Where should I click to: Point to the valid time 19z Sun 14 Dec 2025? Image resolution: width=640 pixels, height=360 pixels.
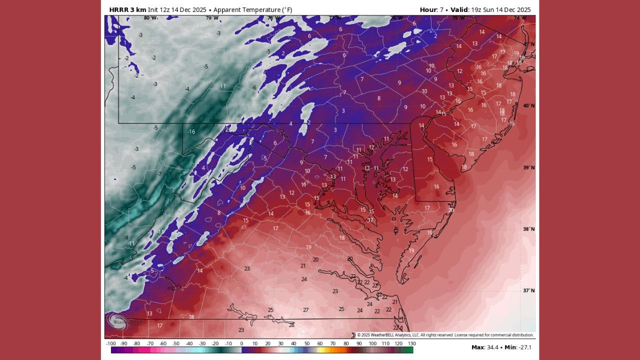(501, 9)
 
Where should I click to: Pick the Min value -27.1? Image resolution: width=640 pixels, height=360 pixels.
(523, 347)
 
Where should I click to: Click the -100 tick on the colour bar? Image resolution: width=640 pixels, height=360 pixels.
(111, 343)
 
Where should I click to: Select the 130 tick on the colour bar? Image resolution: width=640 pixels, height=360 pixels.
(412, 343)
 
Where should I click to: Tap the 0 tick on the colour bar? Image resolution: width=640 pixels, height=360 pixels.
(241, 343)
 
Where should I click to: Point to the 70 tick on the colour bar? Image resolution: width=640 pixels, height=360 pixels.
(332, 343)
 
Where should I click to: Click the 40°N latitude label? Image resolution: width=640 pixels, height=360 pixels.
(528, 106)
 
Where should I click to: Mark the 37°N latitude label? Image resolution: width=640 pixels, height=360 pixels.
(528, 291)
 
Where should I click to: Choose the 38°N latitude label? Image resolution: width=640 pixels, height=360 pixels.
(528, 229)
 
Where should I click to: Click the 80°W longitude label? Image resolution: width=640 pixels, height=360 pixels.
(150, 18)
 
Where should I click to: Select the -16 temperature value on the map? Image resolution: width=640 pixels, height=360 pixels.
(191, 132)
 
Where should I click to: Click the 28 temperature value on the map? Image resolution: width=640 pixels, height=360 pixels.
(291, 325)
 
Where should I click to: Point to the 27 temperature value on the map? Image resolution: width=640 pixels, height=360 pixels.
(305, 310)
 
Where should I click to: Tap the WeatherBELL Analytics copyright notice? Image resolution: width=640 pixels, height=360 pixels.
(445, 335)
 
